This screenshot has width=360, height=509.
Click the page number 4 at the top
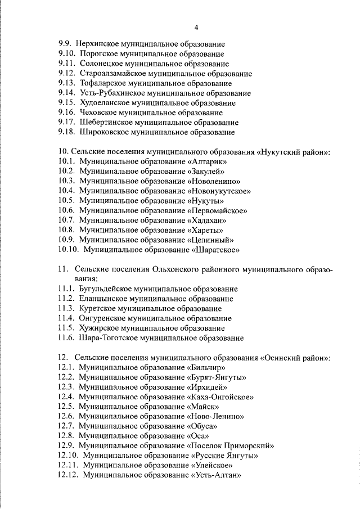click(x=196, y=28)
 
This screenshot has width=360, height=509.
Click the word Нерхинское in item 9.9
click(x=100, y=43)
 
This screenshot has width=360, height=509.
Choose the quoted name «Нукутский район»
click(x=295, y=152)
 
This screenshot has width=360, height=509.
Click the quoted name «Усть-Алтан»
click(x=217, y=475)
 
